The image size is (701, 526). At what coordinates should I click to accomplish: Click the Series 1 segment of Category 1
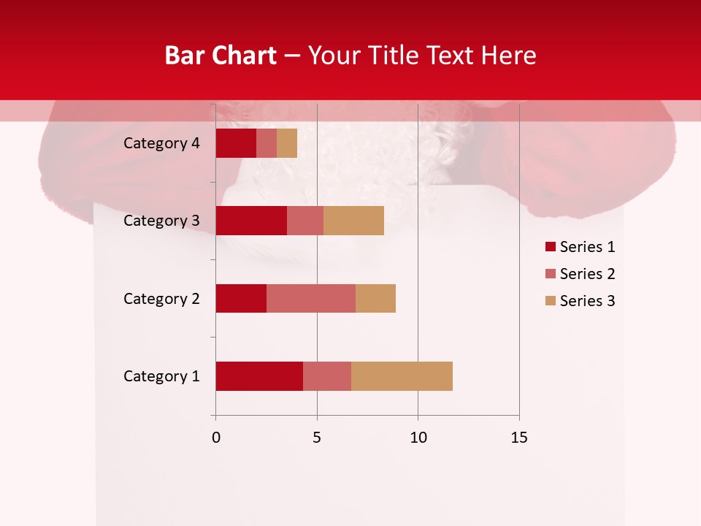259,376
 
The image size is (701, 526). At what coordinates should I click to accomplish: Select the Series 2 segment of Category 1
327,376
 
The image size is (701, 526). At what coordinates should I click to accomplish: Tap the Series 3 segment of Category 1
402,376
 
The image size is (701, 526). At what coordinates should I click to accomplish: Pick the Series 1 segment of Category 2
241,298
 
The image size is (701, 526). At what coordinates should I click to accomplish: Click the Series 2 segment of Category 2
311,298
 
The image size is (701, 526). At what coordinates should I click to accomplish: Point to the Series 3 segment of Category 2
375,298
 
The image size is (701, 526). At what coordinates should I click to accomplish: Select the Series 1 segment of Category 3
251,221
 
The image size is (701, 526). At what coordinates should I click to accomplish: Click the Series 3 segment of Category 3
353,221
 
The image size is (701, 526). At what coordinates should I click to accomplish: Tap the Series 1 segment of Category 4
236,143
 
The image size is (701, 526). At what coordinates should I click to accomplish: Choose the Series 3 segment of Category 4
287,143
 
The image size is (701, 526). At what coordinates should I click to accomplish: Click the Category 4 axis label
161,143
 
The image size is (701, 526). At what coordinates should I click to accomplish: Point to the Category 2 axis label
161,298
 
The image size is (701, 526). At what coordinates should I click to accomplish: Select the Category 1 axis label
161,376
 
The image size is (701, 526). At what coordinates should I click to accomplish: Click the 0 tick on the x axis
216,438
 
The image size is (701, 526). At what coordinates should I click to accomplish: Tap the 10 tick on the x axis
418,438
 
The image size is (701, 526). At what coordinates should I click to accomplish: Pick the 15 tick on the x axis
518,438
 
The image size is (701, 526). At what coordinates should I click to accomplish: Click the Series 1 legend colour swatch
550,247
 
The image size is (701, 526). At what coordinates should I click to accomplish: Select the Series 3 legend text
587,301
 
